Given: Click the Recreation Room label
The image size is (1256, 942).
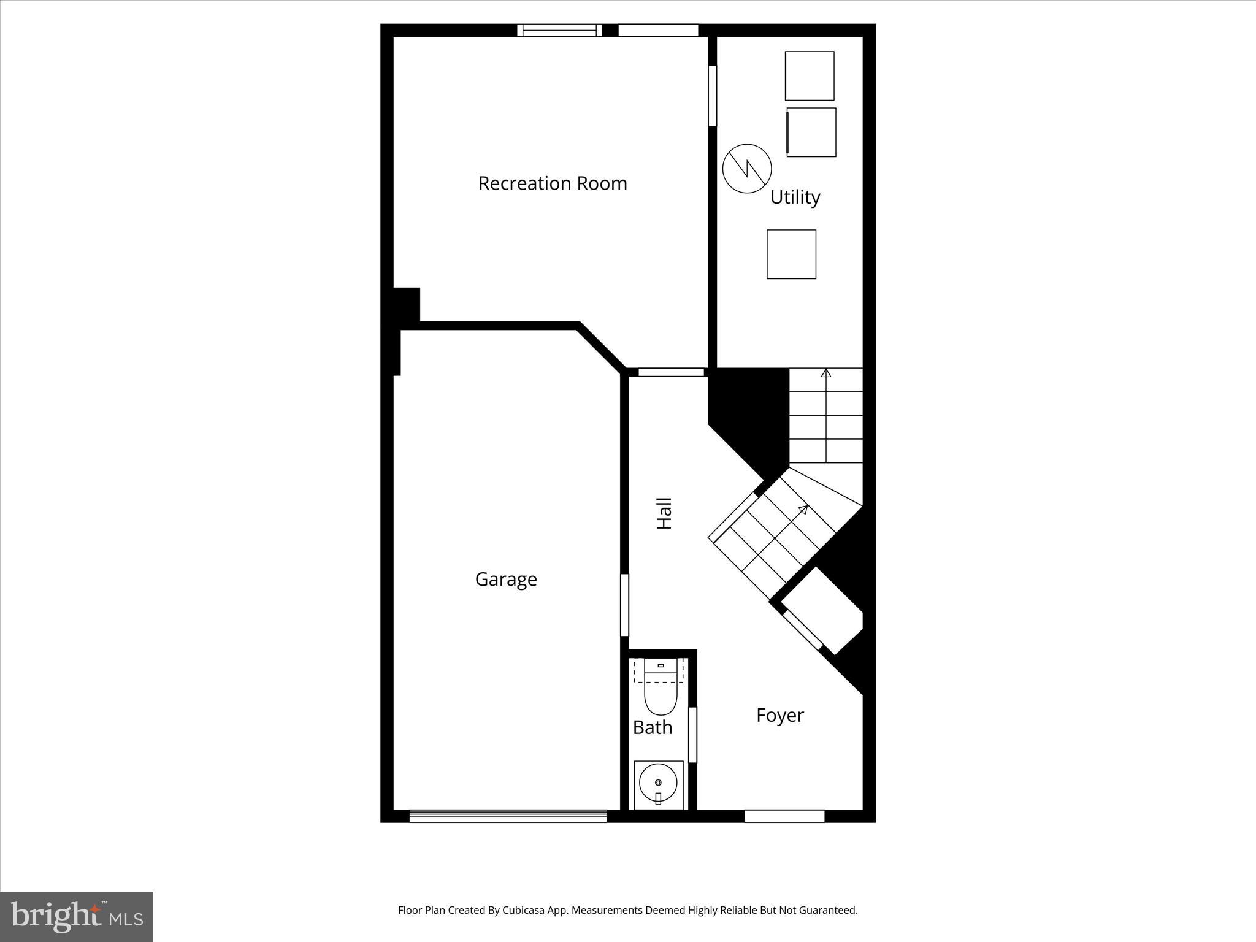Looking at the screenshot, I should pos(553,183).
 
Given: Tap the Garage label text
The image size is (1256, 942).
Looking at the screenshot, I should pos(506,580).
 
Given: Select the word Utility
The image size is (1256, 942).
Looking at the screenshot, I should pos(795,197).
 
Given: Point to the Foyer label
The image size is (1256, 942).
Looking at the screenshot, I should pos(779,715).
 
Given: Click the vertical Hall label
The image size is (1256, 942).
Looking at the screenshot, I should pos(665,513).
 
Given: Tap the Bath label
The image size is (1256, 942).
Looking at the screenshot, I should pos(653,728).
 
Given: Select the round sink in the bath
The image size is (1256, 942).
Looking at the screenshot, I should pos(658,783).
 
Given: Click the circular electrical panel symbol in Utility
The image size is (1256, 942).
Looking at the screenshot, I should pos(747,169).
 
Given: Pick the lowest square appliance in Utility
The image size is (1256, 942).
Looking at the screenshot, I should pos(791,255).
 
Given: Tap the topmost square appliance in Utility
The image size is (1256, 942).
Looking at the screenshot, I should pos(810,75).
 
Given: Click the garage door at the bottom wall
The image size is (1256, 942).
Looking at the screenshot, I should pos(508,816).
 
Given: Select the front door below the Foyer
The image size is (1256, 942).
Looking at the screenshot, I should pos(784,816).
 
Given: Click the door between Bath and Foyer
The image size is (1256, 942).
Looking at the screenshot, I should pos(692,735).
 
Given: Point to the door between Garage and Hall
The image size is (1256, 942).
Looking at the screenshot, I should pos(624,605).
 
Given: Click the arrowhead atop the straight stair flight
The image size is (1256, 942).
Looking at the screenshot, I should pos(826,372).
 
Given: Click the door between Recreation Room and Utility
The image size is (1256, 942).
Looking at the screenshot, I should pos(712,96).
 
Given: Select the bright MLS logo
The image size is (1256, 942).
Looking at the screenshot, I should pos(77,917).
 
